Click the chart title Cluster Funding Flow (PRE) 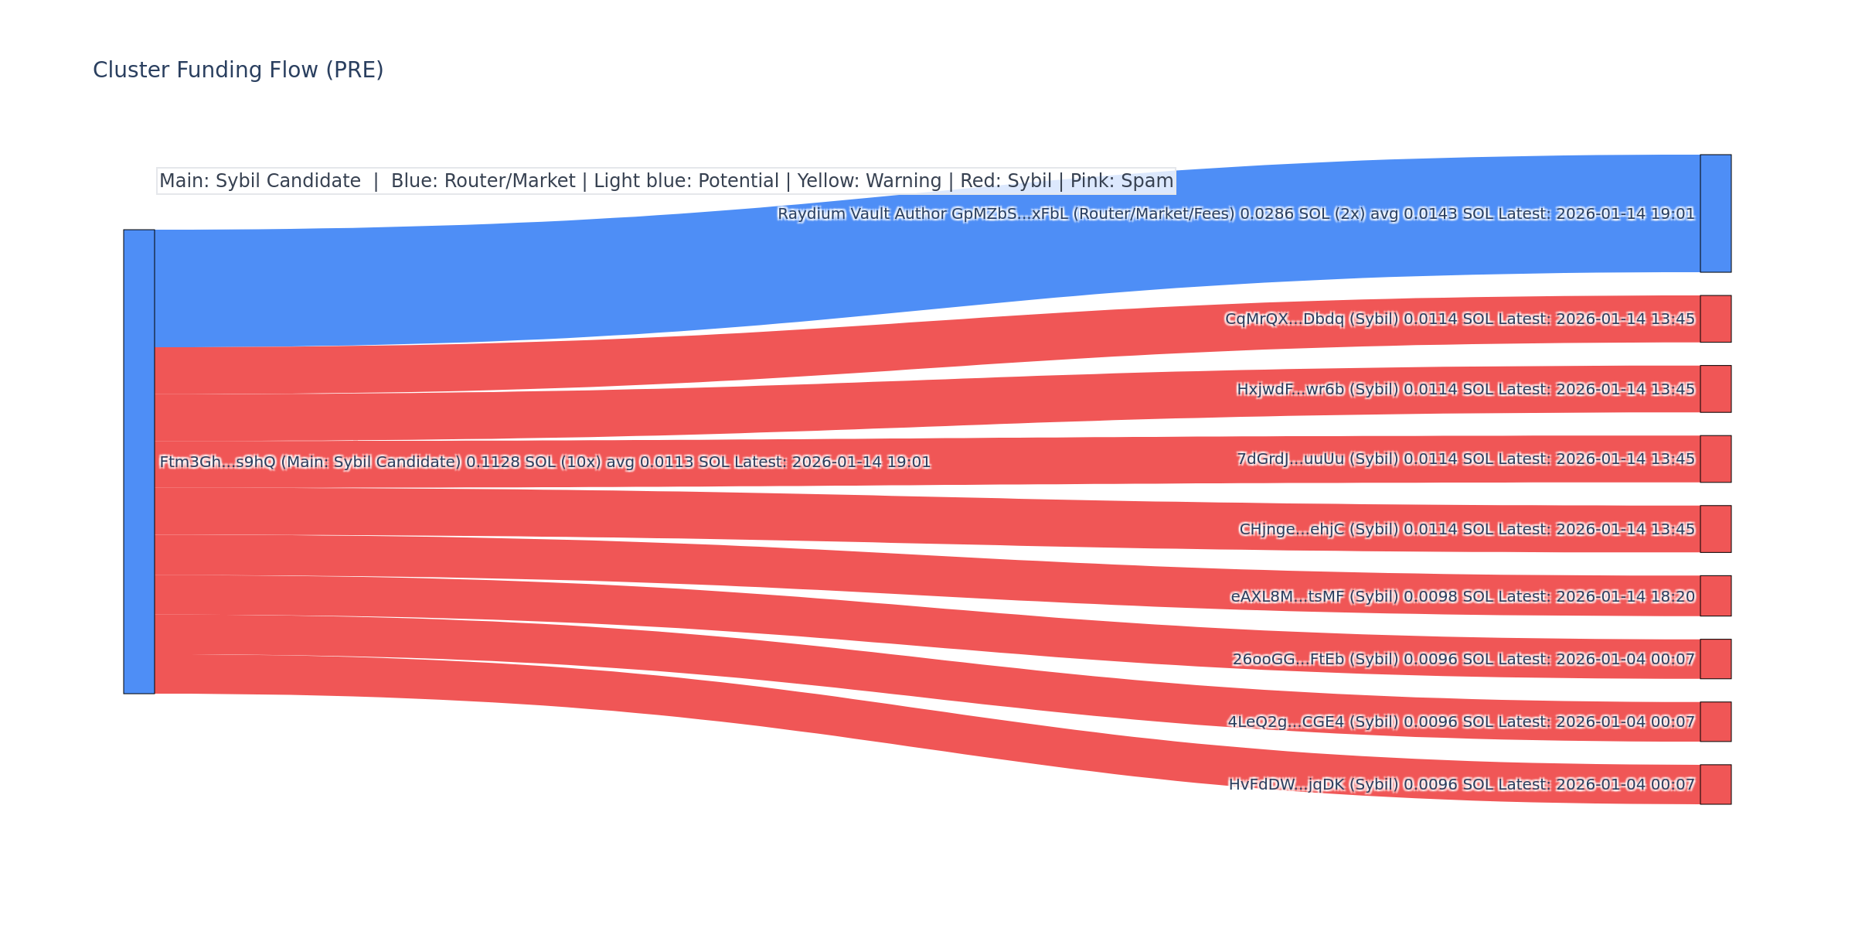pyautogui.click(x=238, y=70)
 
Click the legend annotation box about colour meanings pyautogui.click(x=665, y=181)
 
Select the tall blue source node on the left pyautogui.click(x=139, y=462)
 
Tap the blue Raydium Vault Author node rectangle pyautogui.click(x=1715, y=213)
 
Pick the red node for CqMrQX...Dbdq pyautogui.click(x=1715, y=319)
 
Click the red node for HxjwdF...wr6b pyautogui.click(x=1715, y=389)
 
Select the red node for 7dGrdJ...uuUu pyautogui.click(x=1715, y=459)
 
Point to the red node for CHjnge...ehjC pyautogui.click(x=1715, y=529)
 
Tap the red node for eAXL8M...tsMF pyautogui.click(x=1715, y=595)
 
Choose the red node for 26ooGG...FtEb pyautogui.click(x=1715, y=659)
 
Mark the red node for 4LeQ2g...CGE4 pyautogui.click(x=1715, y=722)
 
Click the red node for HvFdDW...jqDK pyautogui.click(x=1715, y=784)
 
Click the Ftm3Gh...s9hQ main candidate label pyautogui.click(x=545, y=462)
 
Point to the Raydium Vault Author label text pyautogui.click(x=1236, y=213)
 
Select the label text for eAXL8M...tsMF pyautogui.click(x=1462, y=596)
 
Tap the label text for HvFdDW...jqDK pyautogui.click(x=1462, y=784)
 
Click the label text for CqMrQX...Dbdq pyautogui.click(x=1460, y=319)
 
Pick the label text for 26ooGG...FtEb pyautogui.click(x=1463, y=659)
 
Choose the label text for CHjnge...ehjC pyautogui.click(x=1467, y=529)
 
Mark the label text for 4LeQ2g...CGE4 pyautogui.click(x=1462, y=722)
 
